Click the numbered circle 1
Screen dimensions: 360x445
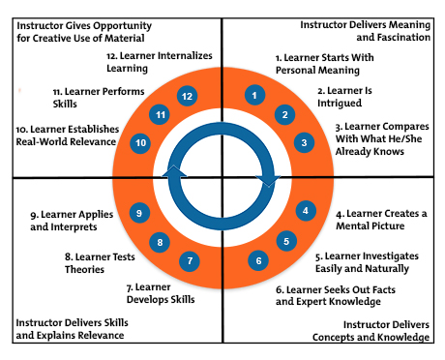point(253,95)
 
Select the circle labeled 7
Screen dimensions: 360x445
point(191,259)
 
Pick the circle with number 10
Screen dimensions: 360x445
point(141,142)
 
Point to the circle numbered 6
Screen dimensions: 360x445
point(257,259)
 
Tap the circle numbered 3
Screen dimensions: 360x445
point(304,142)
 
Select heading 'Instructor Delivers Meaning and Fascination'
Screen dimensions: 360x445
point(366,31)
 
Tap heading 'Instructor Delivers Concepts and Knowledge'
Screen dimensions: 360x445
point(371,331)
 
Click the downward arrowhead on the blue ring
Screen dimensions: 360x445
point(272,178)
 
